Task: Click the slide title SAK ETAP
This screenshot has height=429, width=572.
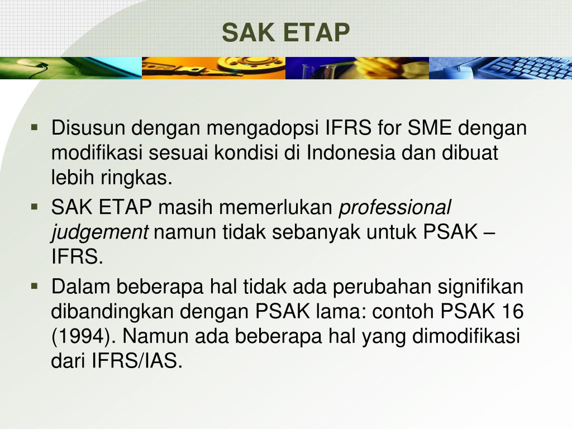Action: (x=285, y=32)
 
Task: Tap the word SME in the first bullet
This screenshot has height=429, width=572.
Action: (x=430, y=128)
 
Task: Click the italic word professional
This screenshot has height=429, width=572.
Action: (x=395, y=208)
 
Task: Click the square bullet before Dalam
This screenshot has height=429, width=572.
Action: (x=35, y=286)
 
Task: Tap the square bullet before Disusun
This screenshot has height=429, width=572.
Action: (x=35, y=127)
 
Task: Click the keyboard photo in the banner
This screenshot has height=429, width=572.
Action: (x=500, y=68)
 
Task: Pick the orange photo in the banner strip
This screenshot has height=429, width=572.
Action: (x=213, y=68)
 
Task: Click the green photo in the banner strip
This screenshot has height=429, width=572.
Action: (x=70, y=68)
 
